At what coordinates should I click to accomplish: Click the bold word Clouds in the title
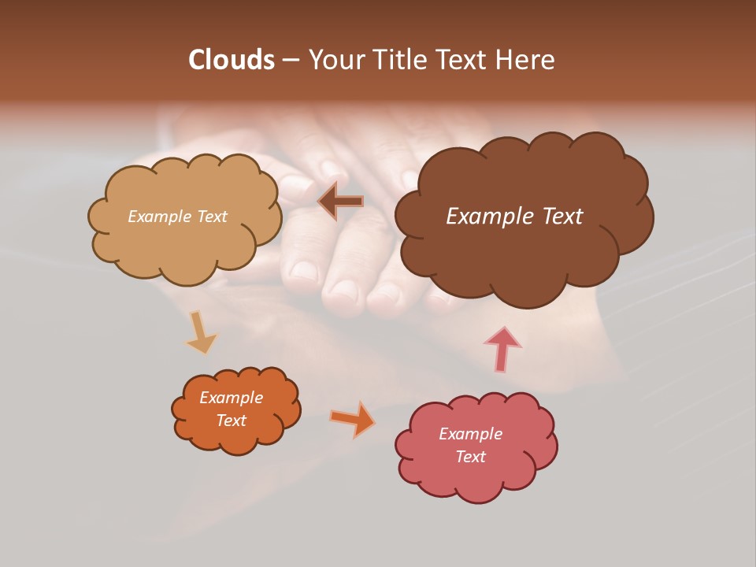pyautogui.click(x=231, y=60)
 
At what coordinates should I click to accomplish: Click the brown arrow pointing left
pyautogui.click(x=341, y=202)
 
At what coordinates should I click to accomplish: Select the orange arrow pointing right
pyautogui.click(x=353, y=419)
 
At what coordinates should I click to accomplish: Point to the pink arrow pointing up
pyautogui.click(x=503, y=349)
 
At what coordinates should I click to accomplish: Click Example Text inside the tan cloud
pyautogui.click(x=177, y=217)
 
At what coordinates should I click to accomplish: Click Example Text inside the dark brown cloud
pyautogui.click(x=514, y=217)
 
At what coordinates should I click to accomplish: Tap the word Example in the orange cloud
pyautogui.click(x=231, y=398)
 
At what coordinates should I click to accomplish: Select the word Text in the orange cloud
pyautogui.click(x=231, y=421)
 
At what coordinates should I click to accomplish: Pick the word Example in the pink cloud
pyautogui.click(x=470, y=434)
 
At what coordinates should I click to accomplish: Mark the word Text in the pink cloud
pyautogui.click(x=470, y=457)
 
